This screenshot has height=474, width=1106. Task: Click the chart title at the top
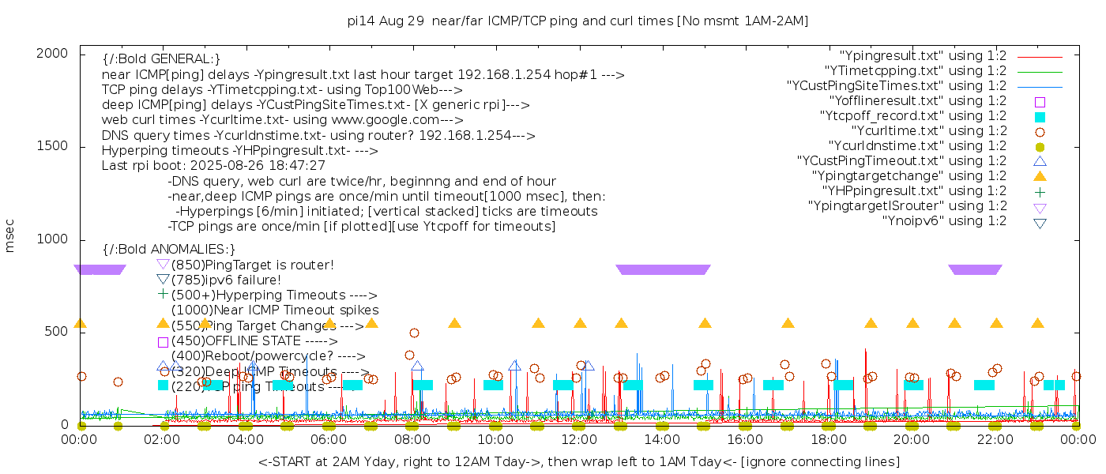(x=578, y=21)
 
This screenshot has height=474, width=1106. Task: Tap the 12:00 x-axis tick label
(x=579, y=439)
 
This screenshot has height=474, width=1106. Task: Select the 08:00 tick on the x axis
(x=412, y=439)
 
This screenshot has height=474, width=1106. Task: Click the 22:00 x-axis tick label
(x=995, y=439)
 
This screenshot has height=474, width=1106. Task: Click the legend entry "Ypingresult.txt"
(x=923, y=56)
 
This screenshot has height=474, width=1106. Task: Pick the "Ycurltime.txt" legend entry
(x=929, y=131)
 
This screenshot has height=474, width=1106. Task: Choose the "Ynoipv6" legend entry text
(x=944, y=221)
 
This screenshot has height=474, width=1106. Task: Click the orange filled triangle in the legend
(x=1040, y=176)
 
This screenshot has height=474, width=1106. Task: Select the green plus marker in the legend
(x=1040, y=191)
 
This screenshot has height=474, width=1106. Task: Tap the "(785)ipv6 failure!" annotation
(x=226, y=280)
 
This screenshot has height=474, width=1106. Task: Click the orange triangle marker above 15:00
(x=705, y=323)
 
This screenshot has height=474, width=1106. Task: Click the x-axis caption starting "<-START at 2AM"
(x=578, y=461)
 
